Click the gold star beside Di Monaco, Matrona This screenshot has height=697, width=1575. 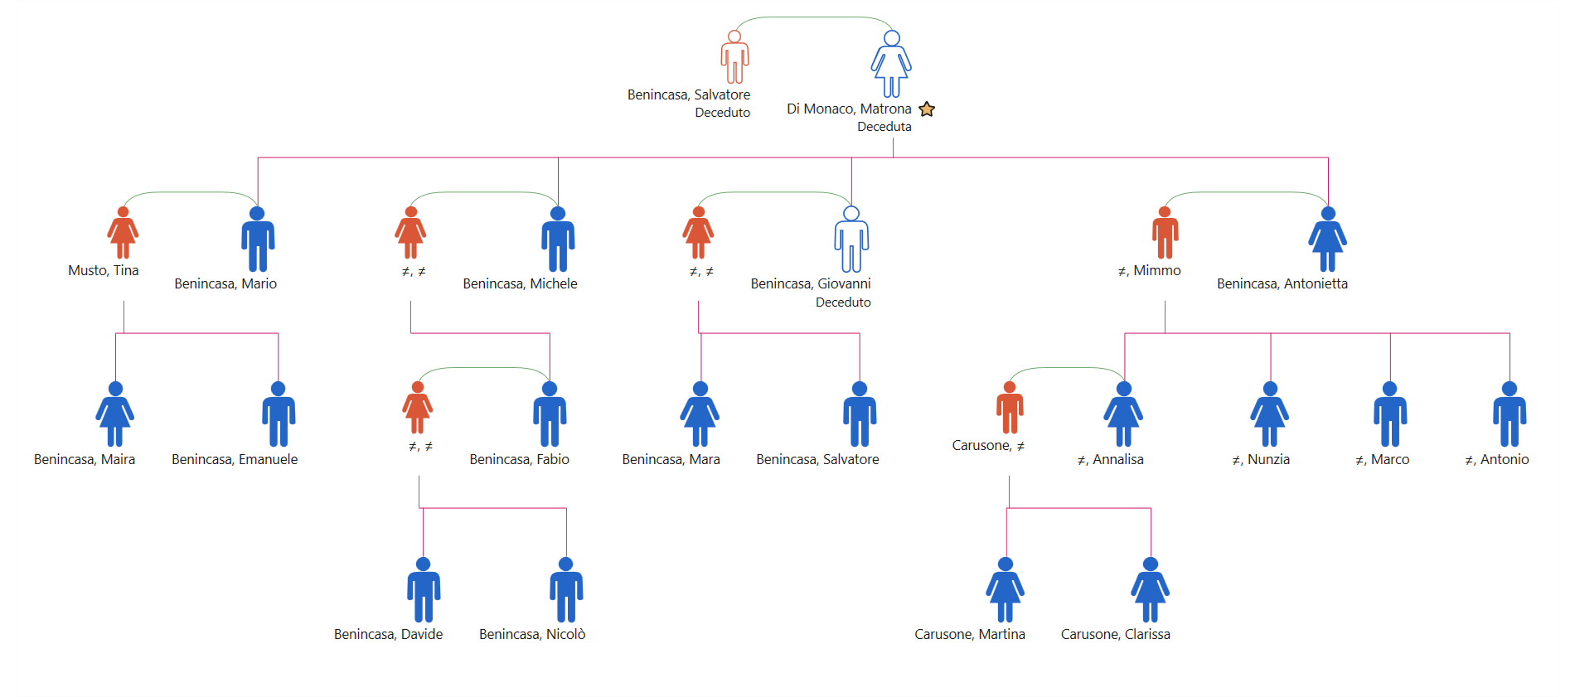click(x=927, y=109)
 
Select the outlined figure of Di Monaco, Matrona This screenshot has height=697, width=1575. click(x=891, y=64)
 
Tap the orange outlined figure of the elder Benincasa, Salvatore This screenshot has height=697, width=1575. click(x=734, y=56)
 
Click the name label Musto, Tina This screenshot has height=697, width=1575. click(x=104, y=270)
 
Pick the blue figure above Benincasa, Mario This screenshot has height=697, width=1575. click(x=258, y=239)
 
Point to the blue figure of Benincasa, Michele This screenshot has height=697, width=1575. click(x=558, y=239)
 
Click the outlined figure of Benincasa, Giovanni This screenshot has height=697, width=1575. click(x=851, y=239)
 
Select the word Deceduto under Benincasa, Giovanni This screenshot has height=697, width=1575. click(x=843, y=303)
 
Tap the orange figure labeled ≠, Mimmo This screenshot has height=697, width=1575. click(x=1165, y=233)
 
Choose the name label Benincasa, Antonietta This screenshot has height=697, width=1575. click(x=1282, y=283)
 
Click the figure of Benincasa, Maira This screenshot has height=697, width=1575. click(x=115, y=414)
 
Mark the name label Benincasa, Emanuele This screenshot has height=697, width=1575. click(x=235, y=459)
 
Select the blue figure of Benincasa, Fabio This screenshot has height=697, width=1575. click(x=550, y=414)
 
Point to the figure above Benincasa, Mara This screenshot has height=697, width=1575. click(x=700, y=414)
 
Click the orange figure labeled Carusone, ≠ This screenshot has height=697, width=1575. click(x=1010, y=408)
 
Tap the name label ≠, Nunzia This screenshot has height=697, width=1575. click(x=1261, y=459)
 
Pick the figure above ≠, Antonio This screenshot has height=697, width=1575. click(x=1510, y=414)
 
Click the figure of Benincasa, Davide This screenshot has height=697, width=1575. click(x=424, y=589)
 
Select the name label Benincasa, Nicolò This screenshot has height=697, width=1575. click(x=532, y=634)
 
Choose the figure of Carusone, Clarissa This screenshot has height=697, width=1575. click(x=1150, y=589)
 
